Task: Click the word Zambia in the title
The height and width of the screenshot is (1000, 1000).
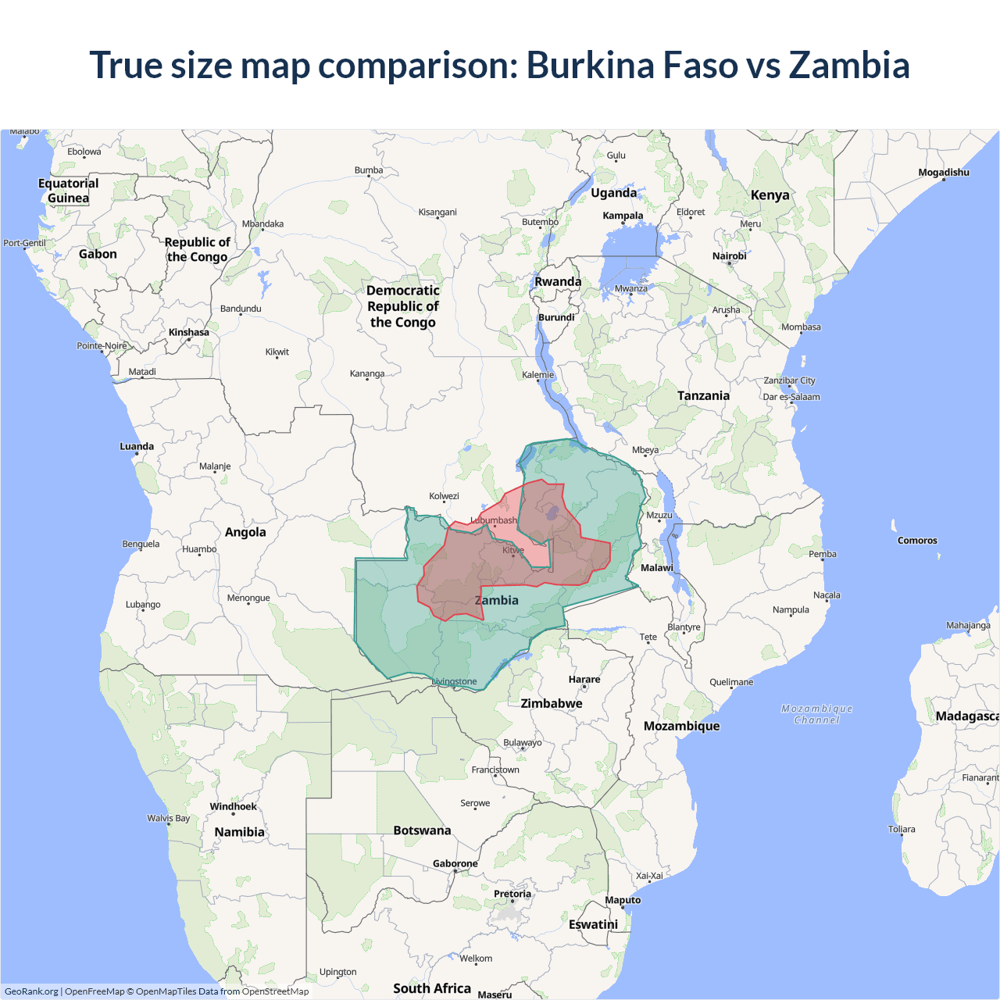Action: (x=849, y=65)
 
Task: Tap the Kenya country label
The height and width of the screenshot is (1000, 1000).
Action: (x=770, y=195)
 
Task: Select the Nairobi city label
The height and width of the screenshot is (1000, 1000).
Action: (x=729, y=256)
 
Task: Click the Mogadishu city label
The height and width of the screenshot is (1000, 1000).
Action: (x=943, y=173)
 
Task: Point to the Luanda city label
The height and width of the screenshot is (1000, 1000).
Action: (x=137, y=447)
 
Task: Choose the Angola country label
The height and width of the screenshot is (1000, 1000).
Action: (x=245, y=532)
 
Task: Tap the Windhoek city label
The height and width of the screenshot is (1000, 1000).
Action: (x=233, y=806)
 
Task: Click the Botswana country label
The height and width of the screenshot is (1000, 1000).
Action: (x=422, y=830)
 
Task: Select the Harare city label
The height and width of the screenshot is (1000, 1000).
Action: (x=584, y=680)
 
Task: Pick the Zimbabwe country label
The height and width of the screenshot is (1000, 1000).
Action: (x=552, y=703)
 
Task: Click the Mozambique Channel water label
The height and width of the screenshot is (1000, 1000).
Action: (x=816, y=714)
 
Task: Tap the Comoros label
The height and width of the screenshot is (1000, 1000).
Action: (x=917, y=541)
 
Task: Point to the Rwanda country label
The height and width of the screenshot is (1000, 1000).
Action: (x=558, y=282)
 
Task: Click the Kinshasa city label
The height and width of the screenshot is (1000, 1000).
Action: (x=189, y=333)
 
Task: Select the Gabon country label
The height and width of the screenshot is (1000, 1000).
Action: (x=98, y=254)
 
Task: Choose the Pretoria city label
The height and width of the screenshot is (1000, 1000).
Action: (x=512, y=894)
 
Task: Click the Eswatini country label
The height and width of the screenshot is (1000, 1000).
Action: (x=593, y=924)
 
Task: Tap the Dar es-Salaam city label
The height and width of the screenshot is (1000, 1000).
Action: (x=791, y=397)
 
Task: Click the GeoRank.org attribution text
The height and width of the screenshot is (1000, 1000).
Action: (x=31, y=991)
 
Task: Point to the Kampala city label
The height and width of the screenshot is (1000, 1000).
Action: (x=623, y=216)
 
